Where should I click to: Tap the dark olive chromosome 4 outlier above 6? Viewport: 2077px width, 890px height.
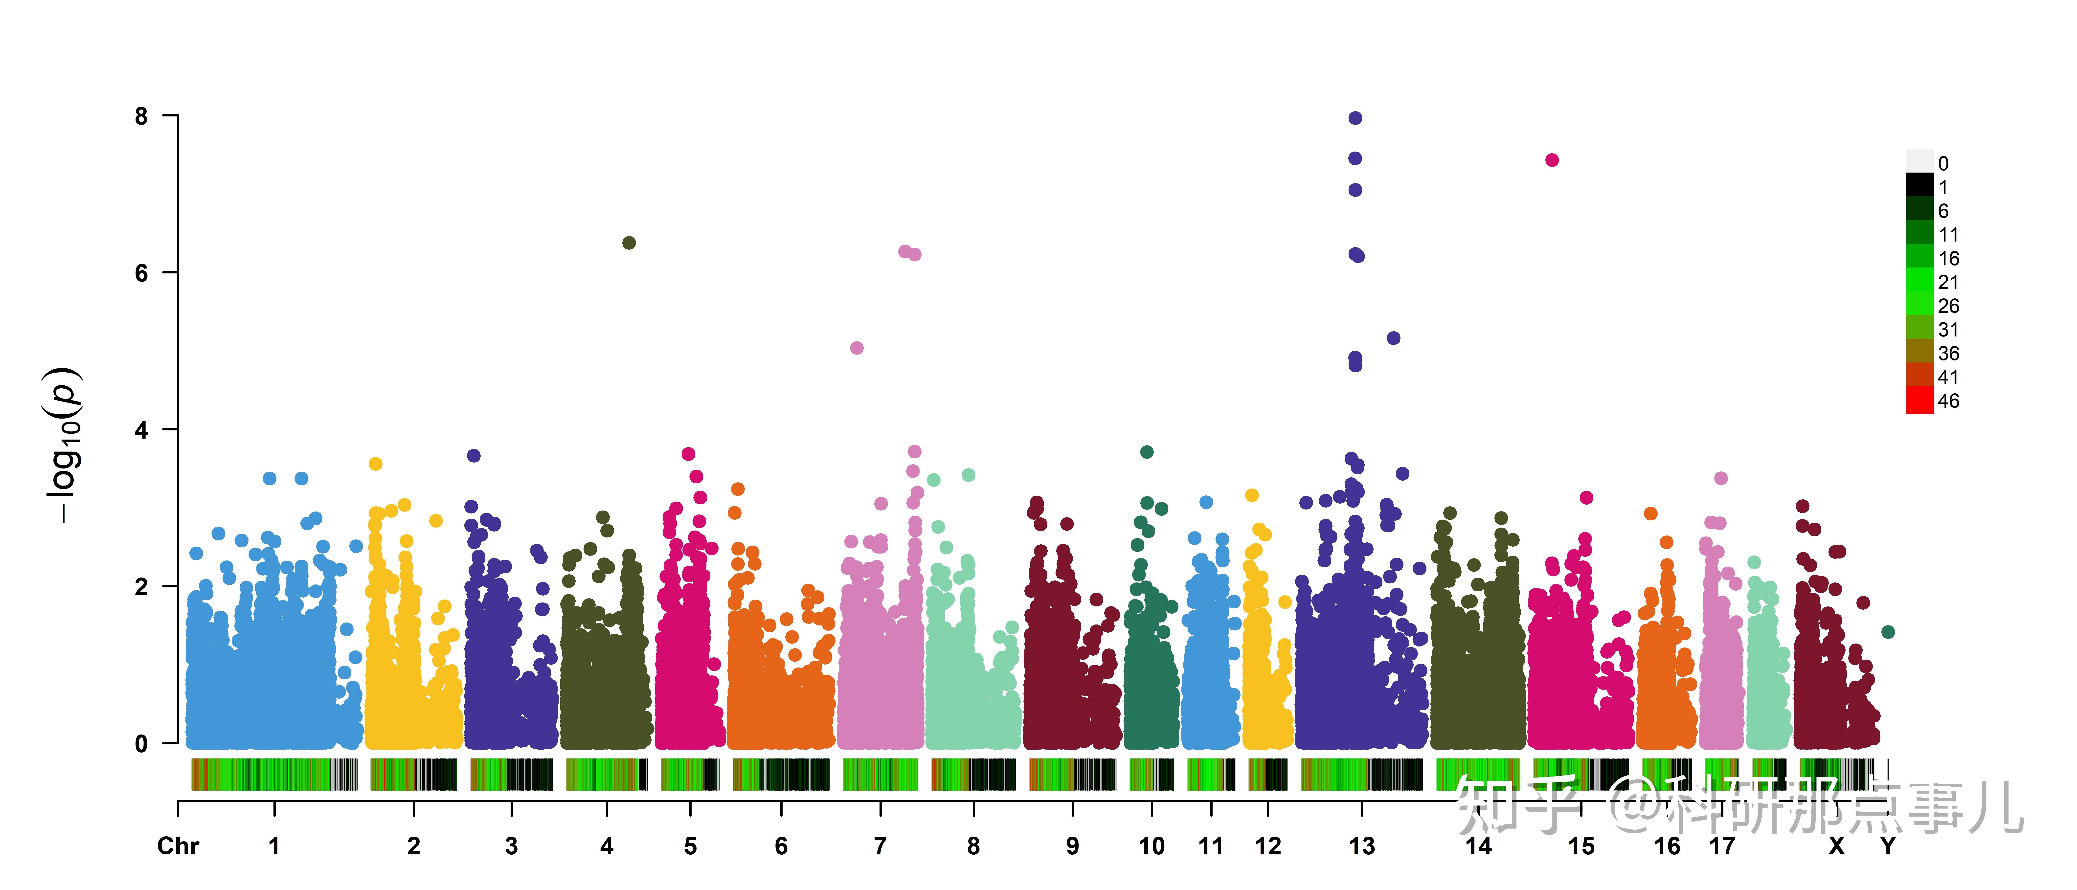click(x=629, y=243)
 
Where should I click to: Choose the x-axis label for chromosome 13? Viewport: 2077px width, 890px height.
click(x=1362, y=846)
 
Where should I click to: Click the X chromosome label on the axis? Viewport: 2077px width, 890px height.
click(x=1837, y=846)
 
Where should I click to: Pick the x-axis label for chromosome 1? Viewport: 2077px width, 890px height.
click(x=274, y=846)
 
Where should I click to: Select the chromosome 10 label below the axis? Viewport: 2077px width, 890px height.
click(x=1151, y=846)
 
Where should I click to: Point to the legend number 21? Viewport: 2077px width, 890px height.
click(x=1948, y=282)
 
